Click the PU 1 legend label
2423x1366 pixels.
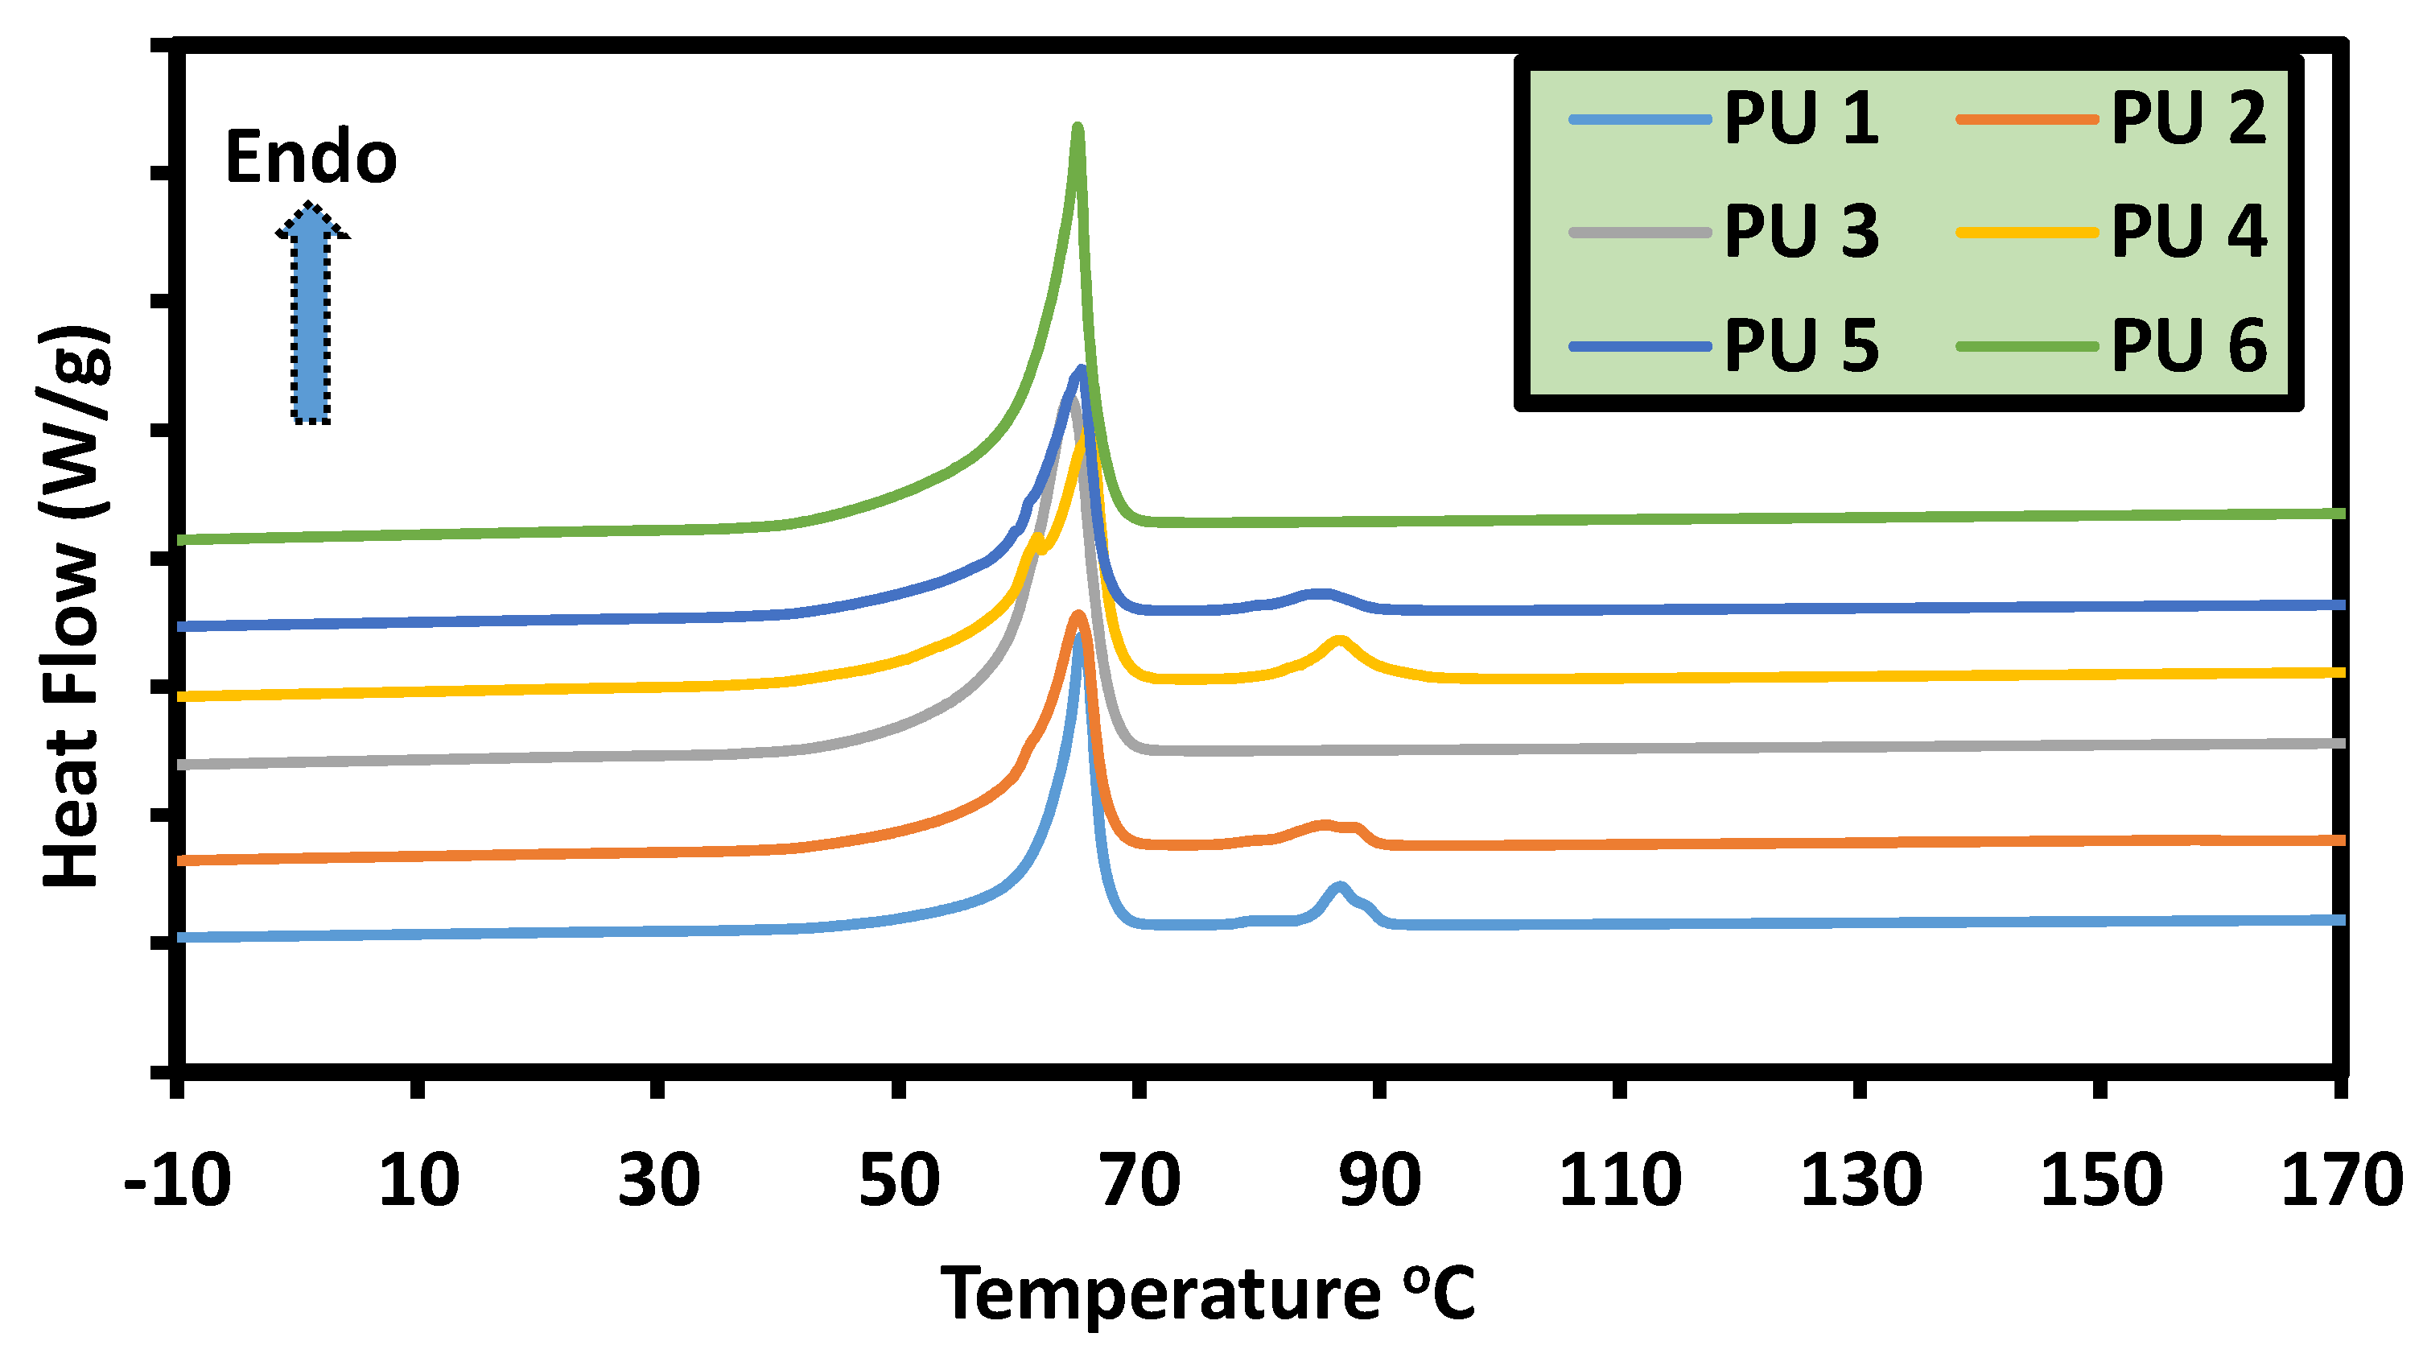click(1800, 118)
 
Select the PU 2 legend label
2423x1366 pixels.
click(2188, 118)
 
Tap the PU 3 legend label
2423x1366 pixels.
click(1800, 232)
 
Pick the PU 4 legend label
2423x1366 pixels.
click(2188, 232)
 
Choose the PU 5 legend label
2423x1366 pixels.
click(1800, 345)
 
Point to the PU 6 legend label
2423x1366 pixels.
click(2188, 345)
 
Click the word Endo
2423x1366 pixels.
click(311, 157)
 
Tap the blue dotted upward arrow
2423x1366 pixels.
click(311, 316)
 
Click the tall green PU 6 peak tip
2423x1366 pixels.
click(1078, 129)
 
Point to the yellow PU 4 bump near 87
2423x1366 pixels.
click(1339, 642)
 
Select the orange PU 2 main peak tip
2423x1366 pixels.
click(1078, 617)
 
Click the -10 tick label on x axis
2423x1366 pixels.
click(178, 1180)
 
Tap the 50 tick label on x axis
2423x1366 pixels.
click(899, 1180)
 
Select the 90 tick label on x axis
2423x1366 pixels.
click(1379, 1180)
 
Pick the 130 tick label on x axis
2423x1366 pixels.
click(1861, 1180)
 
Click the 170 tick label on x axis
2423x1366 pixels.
click(2340, 1180)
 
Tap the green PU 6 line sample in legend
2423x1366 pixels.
click(2027, 346)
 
